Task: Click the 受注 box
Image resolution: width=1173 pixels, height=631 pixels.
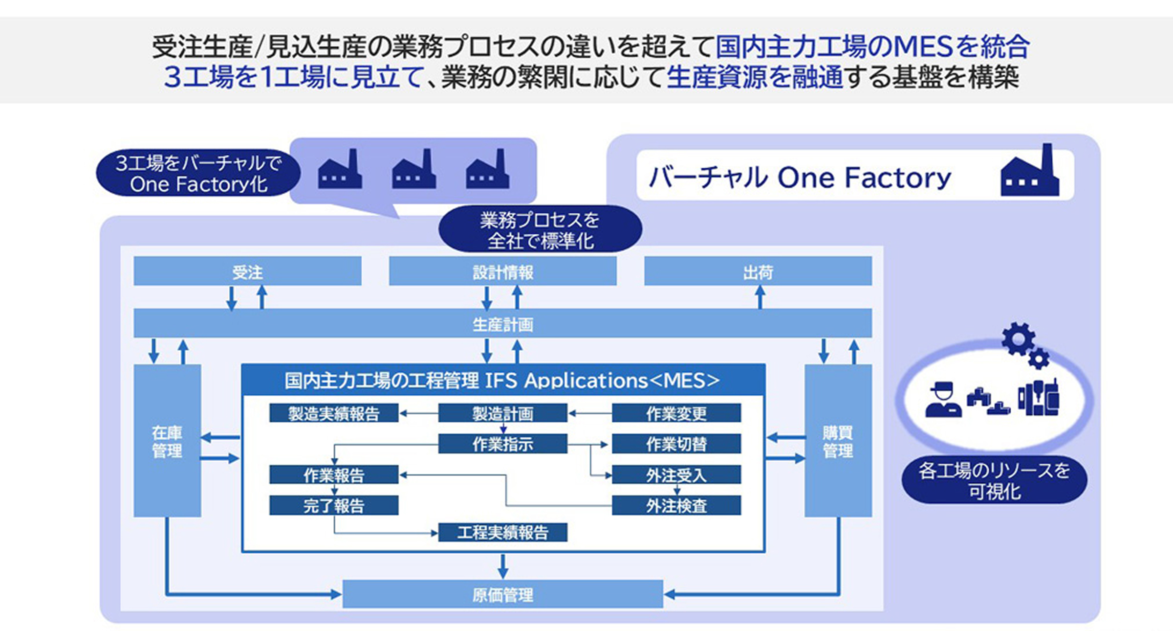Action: click(x=247, y=271)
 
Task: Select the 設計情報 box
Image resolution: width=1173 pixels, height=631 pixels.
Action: click(x=502, y=271)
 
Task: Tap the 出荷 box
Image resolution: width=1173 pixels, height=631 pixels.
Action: click(x=758, y=271)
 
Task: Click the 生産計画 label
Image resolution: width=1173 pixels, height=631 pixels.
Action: click(x=503, y=324)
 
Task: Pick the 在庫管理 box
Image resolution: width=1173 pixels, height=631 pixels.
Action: click(x=167, y=440)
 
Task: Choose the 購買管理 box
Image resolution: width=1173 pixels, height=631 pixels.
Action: click(x=838, y=440)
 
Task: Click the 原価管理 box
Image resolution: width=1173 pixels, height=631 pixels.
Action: click(x=502, y=594)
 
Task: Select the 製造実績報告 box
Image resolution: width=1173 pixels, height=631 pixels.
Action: click(x=334, y=413)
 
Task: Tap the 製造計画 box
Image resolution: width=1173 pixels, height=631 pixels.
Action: click(x=502, y=413)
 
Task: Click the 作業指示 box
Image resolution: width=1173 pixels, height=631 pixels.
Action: click(x=502, y=444)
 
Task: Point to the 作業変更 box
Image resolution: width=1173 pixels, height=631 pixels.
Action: click(x=676, y=413)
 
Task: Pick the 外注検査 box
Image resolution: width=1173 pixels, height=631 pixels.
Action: click(x=676, y=505)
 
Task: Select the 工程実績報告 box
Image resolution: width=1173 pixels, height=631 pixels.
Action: click(x=502, y=532)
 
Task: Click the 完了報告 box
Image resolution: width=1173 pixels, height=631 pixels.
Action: click(x=334, y=505)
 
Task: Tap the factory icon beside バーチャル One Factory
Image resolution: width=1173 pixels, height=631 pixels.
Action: click(x=1030, y=171)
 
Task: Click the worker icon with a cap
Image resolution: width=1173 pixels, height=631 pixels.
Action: click(x=943, y=400)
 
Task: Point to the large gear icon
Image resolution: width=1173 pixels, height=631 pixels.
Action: click(x=1018, y=338)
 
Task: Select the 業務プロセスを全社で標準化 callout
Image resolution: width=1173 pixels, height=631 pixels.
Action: click(x=540, y=229)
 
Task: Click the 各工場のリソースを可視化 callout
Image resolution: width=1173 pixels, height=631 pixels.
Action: click(x=994, y=480)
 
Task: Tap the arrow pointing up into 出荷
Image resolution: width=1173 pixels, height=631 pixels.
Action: click(x=760, y=297)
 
